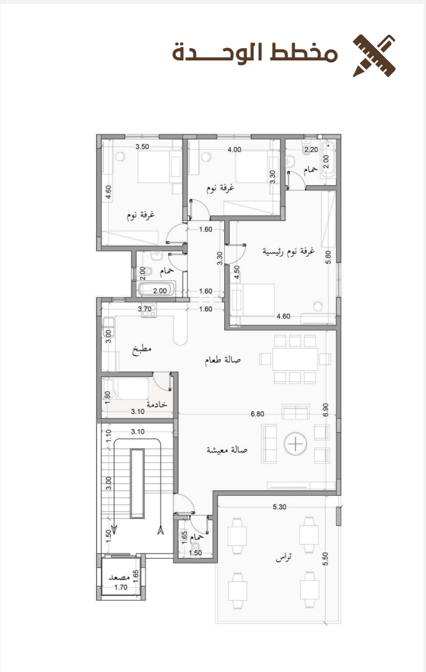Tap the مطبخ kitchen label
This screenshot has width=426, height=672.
pyautogui.click(x=143, y=349)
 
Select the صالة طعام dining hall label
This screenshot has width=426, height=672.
pyautogui.click(x=222, y=360)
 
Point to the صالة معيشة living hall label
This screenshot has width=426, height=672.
pyautogui.click(x=227, y=450)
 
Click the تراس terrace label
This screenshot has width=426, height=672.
pyautogui.click(x=284, y=558)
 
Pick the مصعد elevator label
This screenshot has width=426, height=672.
pyautogui.click(x=119, y=577)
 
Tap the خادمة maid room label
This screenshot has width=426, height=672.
pyautogui.click(x=157, y=404)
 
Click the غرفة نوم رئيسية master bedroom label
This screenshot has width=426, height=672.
pyautogui.click(x=288, y=251)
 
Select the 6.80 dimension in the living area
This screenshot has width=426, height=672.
pyautogui.click(x=257, y=414)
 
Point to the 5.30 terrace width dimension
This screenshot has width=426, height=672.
pyautogui.click(x=279, y=507)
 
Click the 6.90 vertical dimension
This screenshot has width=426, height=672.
pyautogui.click(x=326, y=410)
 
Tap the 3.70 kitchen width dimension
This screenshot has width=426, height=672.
pyautogui.click(x=145, y=309)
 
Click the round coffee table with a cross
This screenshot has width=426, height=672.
pyautogui.click(x=296, y=444)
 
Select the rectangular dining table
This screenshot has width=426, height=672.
pyautogui.click(x=296, y=359)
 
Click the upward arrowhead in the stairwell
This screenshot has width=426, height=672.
pyautogui.click(x=161, y=530)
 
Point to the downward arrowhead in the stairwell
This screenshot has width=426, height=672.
pyautogui.click(x=114, y=527)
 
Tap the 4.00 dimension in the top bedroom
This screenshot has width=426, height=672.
pyautogui.click(x=234, y=150)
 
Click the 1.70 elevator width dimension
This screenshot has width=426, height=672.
pyautogui.click(x=121, y=588)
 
